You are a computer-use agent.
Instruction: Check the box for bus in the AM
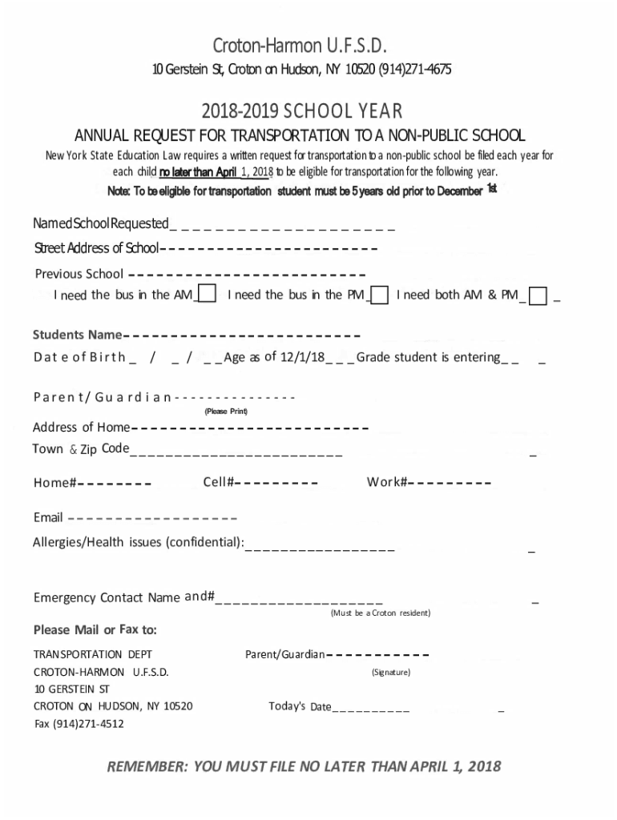point(207,295)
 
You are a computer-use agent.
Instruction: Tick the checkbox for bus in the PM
point(381,295)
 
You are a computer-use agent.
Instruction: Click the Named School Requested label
point(101,222)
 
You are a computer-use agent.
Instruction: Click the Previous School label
point(79,273)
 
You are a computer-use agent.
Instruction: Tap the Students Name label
point(77,334)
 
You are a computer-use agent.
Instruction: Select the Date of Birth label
point(79,357)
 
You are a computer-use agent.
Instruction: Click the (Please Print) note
point(226,412)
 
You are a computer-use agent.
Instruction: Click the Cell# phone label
point(218,482)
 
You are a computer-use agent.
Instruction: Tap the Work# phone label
point(388,482)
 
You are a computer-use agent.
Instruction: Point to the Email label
point(48,517)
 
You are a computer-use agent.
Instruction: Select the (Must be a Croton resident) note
point(381,613)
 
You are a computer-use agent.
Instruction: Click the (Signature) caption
point(391,672)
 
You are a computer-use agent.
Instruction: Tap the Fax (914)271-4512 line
point(79,724)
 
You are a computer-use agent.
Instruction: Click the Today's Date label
point(300,706)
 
